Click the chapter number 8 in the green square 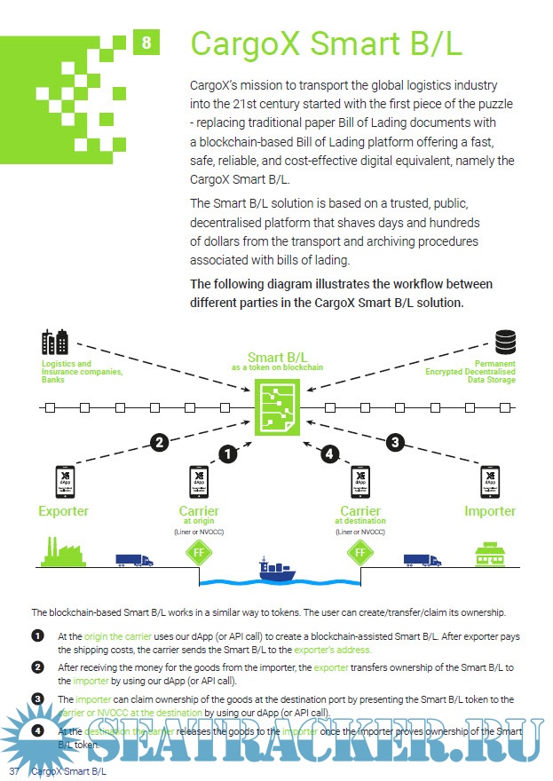point(146,42)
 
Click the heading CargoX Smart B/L point(326,44)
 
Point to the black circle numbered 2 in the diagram point(160,442)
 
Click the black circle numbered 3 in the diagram point(397,441)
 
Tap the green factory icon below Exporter point(63,553)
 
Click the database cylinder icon point(506,342)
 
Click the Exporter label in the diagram point(63,511)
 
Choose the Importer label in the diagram point(490,511)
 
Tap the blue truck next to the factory point(134,560)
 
